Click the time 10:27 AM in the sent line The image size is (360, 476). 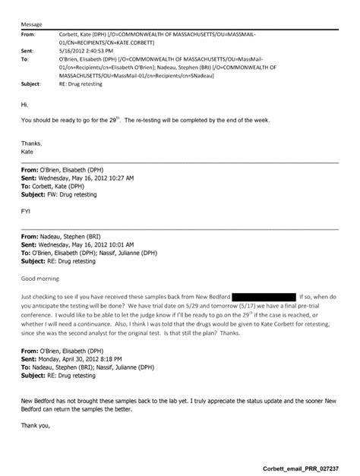click(121, 177)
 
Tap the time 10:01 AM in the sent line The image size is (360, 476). click(121, 244)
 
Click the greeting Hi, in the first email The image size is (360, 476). click(24, 105)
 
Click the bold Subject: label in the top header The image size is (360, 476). click(30, 84)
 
